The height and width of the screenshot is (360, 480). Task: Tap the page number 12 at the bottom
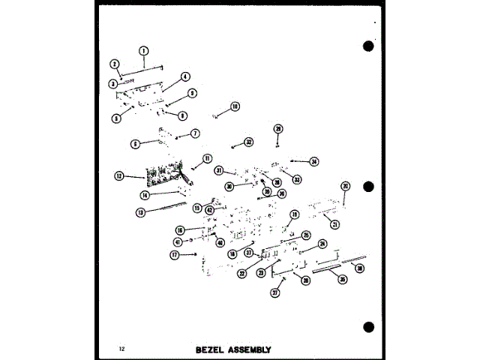[x=121, y=349]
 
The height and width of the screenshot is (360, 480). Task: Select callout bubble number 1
[x=143, y=50]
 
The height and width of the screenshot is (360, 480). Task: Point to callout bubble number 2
[x=115, y=64]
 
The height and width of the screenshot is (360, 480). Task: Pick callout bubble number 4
[x=185, y=76]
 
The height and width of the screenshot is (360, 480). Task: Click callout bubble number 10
[x=235, y=106]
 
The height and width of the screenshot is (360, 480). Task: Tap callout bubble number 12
[x=118, y=176]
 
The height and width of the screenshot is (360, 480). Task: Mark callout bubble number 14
[x=145, y=194]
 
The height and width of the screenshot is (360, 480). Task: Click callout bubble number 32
[x=249, y=142]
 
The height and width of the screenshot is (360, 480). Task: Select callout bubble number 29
[x=277, y=128]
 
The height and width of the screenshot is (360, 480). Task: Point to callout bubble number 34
[x=314, y=161]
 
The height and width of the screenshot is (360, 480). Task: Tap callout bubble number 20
[x=345, y=186]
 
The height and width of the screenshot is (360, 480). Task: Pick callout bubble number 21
[x=335, y=224]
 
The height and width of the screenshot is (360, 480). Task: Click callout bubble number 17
[x=175, y=255]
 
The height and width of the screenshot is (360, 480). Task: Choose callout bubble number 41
[x=178, y=241]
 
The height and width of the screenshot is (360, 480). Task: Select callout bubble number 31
[x=219, y=170]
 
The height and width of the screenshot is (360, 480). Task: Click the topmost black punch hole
[x=367, y=46]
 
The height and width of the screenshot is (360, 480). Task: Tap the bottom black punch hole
[x=367, y=327]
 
